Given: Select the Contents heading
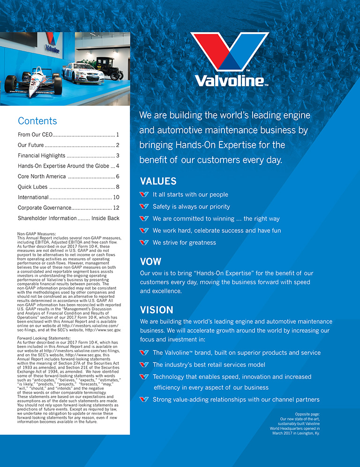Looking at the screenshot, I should (x=37, y=121).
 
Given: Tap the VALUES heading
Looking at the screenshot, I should (x=158, y=181).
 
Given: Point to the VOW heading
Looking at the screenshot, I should (x=150, y=261).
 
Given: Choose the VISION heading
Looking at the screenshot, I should (x=157, y=310).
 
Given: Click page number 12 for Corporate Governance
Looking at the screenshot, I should (x=116, y=208).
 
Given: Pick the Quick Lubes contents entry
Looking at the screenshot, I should (x=31, y=187).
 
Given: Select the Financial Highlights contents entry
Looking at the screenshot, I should (x=41, y=156).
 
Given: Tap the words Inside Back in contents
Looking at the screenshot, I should (x=105, y=218).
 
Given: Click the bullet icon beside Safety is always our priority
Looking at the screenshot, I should (x=144, y=207).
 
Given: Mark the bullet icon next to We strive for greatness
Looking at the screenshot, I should (x=144, y=243).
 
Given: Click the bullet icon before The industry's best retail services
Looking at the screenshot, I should (x=144, y=365).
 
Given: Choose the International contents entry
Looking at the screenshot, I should (x=33, y=197).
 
